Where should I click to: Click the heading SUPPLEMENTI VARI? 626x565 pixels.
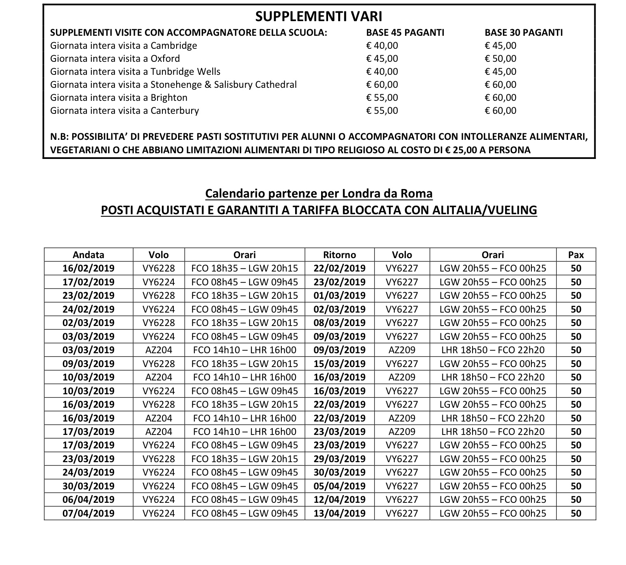319,16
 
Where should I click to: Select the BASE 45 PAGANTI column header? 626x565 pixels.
405,33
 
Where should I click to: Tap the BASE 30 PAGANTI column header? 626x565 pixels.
523,33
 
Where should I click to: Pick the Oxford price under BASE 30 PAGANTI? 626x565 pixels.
501,59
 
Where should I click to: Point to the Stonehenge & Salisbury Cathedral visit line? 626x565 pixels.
173,85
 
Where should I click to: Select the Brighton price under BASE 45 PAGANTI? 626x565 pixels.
382,98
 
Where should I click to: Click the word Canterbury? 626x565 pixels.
175,111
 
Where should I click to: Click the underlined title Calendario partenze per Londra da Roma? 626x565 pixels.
319,193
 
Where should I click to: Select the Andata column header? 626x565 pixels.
89,255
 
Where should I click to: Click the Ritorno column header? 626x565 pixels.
339,255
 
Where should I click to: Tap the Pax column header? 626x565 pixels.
576,255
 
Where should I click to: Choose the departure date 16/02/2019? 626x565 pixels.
89,268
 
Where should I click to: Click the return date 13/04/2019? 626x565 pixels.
339,513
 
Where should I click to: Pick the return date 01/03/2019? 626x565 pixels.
339,296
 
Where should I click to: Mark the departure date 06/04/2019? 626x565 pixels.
89,500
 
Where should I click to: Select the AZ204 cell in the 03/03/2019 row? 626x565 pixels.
159,350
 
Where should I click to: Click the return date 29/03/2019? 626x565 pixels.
339,459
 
